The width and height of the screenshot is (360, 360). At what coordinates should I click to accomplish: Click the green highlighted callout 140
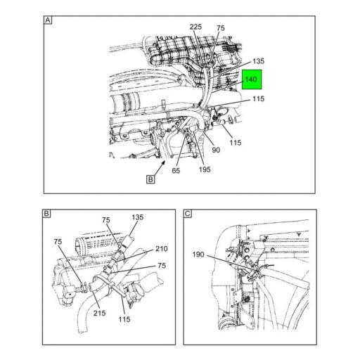tap(252, 79)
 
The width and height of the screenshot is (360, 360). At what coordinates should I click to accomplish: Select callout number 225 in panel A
tap(195, 27)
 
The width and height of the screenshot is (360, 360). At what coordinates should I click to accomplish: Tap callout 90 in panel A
tap(216, 150)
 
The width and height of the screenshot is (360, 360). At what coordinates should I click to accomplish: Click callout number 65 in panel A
tap(176, 170)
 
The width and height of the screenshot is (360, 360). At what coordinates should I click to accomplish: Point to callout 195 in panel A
tap(205, 169)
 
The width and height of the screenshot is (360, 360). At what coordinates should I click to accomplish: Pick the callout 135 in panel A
tap(258, 61)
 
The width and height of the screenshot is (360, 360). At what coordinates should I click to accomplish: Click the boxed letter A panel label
tap(48, 20)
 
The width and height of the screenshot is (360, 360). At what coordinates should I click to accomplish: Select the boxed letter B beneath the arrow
tap(150, 179)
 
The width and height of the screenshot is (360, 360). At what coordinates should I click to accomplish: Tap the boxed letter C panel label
tap(188, 214)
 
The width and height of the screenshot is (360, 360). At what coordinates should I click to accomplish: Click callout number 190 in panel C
tap(198, 255)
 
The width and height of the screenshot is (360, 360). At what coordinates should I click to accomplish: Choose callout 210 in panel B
tap(162, 249)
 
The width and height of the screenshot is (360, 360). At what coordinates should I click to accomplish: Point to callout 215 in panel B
tap(99, 313)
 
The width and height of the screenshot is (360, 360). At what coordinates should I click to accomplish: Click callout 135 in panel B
tap(137, 217)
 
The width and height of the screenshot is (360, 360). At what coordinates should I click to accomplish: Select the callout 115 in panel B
tap(124, 319)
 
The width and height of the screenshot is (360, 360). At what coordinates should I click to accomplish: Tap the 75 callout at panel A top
tap(221, 28)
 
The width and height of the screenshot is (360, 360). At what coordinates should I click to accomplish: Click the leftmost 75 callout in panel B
tap(58, 242)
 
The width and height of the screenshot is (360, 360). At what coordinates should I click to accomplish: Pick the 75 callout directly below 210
tap(162, 266)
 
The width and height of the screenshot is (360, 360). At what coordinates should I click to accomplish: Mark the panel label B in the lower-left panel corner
tap(46, 214)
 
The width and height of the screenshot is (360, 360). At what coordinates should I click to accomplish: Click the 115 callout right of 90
tap(236, 143)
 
